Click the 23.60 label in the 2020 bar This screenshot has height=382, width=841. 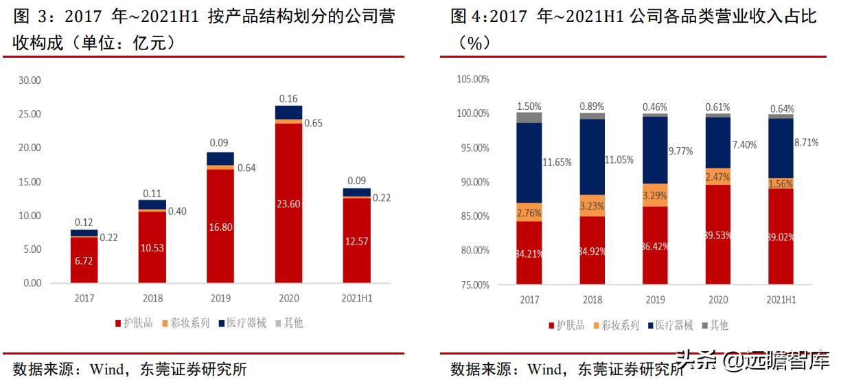288,203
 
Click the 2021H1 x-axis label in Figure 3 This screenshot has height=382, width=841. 356,298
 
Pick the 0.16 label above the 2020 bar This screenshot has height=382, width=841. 288,99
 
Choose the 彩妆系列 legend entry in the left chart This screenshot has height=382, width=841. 185,323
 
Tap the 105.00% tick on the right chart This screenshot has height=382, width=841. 473,80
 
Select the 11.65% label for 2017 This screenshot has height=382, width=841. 557,162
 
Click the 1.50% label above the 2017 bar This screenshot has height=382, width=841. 529,106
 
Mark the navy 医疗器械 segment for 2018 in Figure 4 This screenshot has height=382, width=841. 592,157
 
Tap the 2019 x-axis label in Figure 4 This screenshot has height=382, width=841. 656,300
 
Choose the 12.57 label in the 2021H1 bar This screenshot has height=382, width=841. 356,240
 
